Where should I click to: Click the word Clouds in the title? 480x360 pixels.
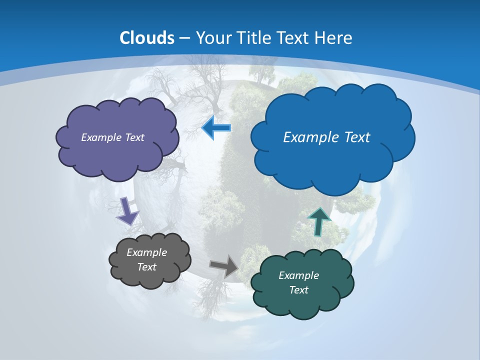147,38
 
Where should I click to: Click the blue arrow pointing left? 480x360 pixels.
216,128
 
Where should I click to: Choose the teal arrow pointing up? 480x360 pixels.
319,221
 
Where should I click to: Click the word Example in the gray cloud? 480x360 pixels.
146,252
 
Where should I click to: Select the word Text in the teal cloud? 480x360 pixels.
298,290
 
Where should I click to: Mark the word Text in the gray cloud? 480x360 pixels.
146,267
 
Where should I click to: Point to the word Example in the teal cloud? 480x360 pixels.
298,275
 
